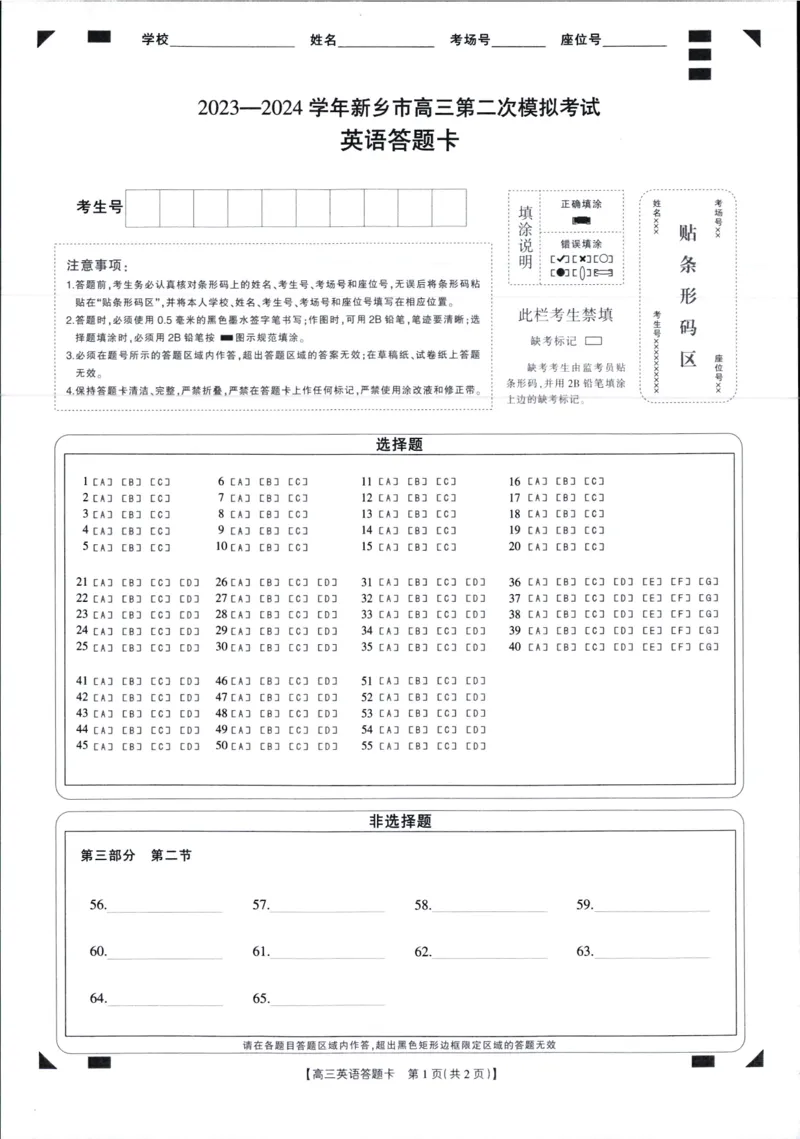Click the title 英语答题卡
(x=399, y=141)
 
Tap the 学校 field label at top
(x=156, y=40)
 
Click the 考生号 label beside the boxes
(x=100, y=207)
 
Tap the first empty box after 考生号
(x=143, y=208)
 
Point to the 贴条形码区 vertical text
(x=688, y=296)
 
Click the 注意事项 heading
(x=99, y=265)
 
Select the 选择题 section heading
(x=399, y=444)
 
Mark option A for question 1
(x=102, y=482)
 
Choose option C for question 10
(x=298, y=547)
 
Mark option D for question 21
(x=189, y=582)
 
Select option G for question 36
(x=709, y=582)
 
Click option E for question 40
(x=652, y=647)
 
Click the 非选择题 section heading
(x=400, y=821)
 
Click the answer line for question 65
(x=327, y=1000)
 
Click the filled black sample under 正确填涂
(x=581, y=220)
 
